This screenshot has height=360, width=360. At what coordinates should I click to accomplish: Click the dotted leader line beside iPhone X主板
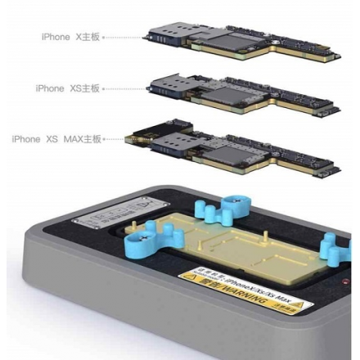click(125, 37)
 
